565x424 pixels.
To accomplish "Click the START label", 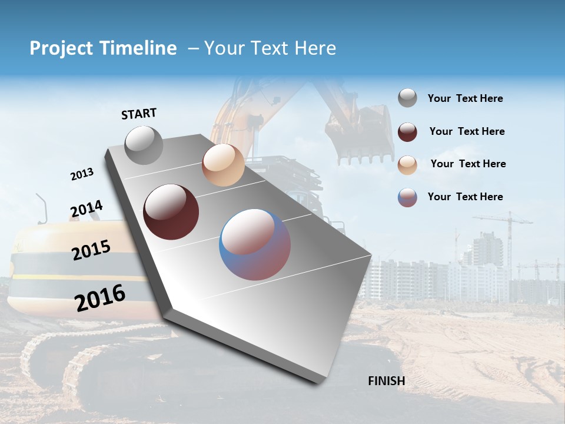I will click(x=139, y=114).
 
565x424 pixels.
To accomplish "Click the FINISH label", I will click(x=386, y=381).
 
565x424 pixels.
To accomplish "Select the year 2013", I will click(x=82, y=174).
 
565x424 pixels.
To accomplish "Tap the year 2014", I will click(x=87, y=209).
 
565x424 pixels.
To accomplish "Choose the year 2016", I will click(x=100, y=297).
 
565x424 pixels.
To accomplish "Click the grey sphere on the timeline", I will click(x=144, y=145).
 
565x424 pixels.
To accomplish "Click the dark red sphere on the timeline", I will click(x=171, y=212).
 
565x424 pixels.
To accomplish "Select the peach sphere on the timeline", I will click(x=223, y=165).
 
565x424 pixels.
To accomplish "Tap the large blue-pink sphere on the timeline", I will click(x=255, y=244).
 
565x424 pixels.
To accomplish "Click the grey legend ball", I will click(x=407, y=98).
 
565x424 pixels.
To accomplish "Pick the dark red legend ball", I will click(x=407, y=132).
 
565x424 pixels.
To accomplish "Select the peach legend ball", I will click(x=407, y=165).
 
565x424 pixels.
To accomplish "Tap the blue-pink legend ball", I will click(x=407, y=197).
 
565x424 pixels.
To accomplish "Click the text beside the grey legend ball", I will click(x=465, y=99).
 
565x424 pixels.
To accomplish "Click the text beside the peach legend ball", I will click(x=468, y=164).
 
